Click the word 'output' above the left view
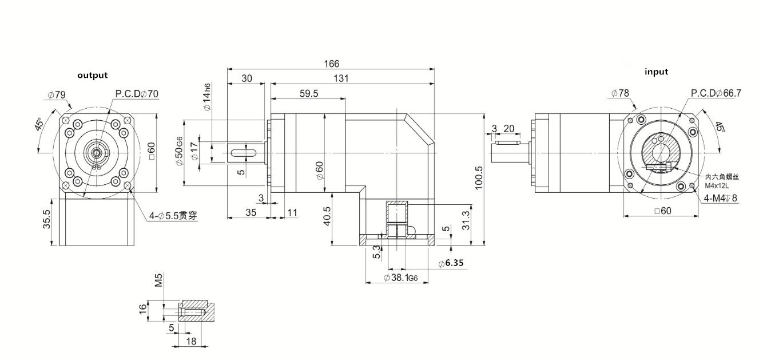92,75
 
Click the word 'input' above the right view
656,72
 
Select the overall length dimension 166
332,64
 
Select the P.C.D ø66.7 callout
716,93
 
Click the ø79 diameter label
56,94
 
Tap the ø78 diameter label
620,93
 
